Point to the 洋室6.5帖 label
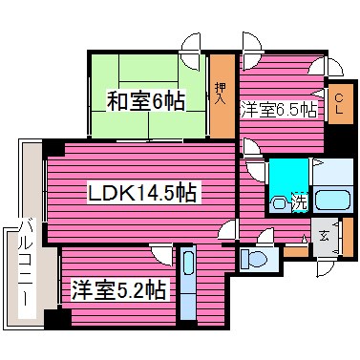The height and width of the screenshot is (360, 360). click(278, 110)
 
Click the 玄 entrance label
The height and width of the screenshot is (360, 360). click(325, 236)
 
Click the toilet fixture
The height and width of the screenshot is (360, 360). click(256, 258)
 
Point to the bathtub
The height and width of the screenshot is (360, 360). click(333, 201)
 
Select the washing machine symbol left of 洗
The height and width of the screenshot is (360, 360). click(279, 202)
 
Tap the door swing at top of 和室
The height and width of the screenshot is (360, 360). click(190, 43)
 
